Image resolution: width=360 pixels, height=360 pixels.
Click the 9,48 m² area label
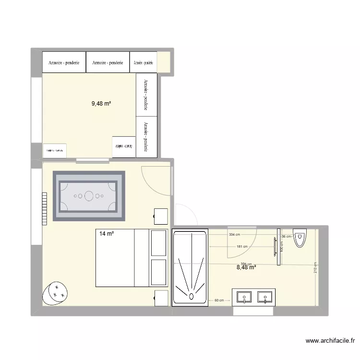(x=101, y=103)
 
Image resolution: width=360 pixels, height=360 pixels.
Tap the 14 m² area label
(x=106, y=234)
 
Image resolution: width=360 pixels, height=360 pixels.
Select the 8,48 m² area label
(x=246, y=267)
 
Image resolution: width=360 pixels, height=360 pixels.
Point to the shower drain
(x=191, y=295)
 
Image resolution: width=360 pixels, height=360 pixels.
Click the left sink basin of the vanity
(x=244, y=298)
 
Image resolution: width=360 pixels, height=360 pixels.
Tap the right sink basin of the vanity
(x=264, y=298)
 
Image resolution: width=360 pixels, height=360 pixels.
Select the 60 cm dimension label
(x=219, y=300)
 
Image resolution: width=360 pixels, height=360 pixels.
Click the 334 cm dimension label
(x=235, y=235)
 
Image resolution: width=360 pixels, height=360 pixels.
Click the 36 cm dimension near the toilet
(x=286, y=237)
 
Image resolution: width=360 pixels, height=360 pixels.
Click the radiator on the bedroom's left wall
(x=44, y=209)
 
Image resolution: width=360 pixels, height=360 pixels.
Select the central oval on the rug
(x=89, y=196)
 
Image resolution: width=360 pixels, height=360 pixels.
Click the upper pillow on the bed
(x=158, y=243)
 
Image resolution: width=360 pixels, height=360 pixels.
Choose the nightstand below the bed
(x=161, y=298)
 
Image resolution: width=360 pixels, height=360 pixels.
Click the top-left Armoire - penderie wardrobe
(x=64, y=62)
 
